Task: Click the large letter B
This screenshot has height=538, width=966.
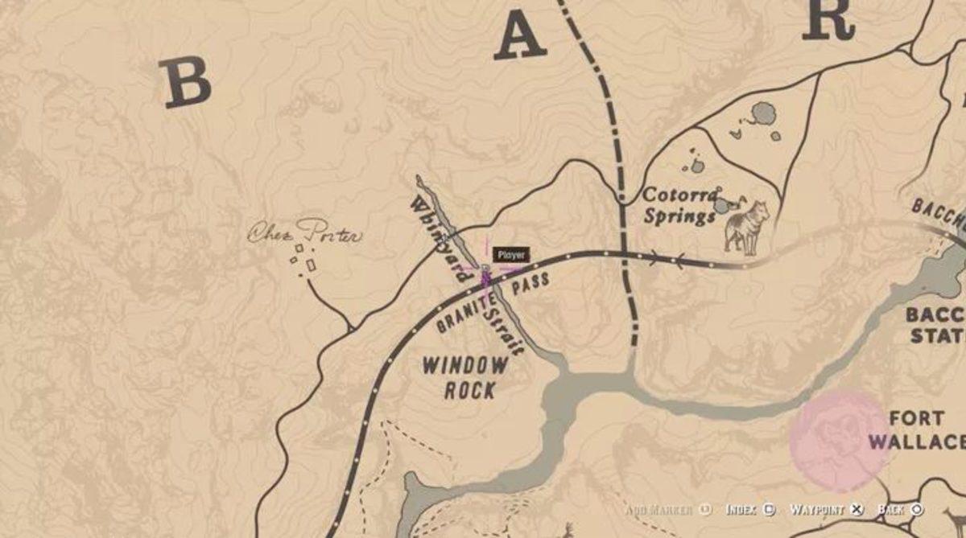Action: [x=185, y=83]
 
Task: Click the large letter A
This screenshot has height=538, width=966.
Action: [x=520, y=36]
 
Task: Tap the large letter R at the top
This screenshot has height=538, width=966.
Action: [x=828, y=18]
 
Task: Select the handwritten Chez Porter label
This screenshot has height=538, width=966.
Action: [x=304, y=233]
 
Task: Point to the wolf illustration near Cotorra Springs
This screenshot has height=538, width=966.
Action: [x=746, y=227]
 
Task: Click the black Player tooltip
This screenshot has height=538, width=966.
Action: [x=510, y=255]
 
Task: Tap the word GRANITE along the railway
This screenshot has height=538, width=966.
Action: [x=464, y=315]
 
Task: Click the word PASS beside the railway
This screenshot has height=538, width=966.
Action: [x=530, y=283]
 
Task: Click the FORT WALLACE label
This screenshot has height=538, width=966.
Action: [x=916, y=430]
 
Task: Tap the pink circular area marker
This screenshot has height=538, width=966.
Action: [x=838, y=440]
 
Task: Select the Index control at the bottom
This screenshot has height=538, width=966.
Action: [x=749, y=510]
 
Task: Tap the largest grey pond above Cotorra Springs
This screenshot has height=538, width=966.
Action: [x=762, y=113]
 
